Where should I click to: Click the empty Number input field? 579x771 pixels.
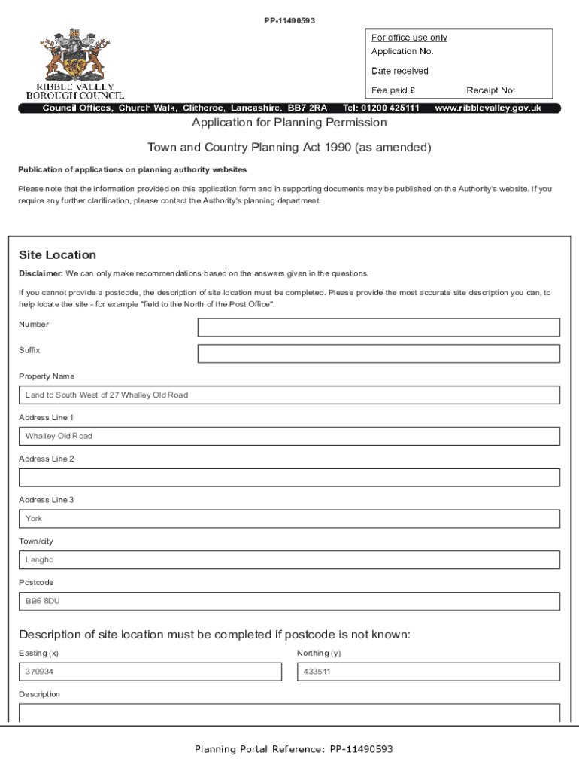[x=378, y=328]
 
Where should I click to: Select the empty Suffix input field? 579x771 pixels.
[x=378, y=354]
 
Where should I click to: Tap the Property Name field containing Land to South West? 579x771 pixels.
[x=289, y=395]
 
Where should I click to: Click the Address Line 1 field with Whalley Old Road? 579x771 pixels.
[x=289, y=437]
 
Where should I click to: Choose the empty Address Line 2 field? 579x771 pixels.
[x=289, y=477]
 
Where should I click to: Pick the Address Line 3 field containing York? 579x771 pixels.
[x=289, y=519]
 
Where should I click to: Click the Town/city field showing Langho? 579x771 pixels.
[x=289, y=560]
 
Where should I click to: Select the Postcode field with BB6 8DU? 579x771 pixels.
[x=289, y=601]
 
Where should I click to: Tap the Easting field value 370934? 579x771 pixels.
[x=150, y=672]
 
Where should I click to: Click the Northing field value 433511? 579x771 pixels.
[x=428, y=672]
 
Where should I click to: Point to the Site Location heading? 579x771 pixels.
[x=58, y=255]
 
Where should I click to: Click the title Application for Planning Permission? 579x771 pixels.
[x=289, y=123]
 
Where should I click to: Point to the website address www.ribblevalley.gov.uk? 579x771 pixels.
[x=488, y=108]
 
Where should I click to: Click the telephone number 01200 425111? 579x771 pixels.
[x=390, y=108]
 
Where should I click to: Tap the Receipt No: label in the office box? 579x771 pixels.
[x=490, y=90]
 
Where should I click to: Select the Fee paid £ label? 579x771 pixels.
[x=393, y=90]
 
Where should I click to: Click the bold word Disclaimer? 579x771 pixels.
[x=41, y=273]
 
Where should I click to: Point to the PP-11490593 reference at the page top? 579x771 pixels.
[x=289, y=20]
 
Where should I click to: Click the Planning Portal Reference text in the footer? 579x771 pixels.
[x=293, y=749]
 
